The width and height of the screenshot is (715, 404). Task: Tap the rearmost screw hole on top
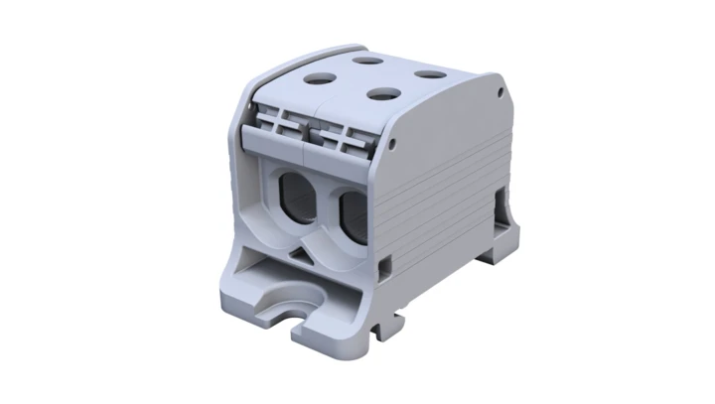(x=371, y=60)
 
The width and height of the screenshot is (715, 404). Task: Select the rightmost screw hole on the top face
(x=428, y=73)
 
